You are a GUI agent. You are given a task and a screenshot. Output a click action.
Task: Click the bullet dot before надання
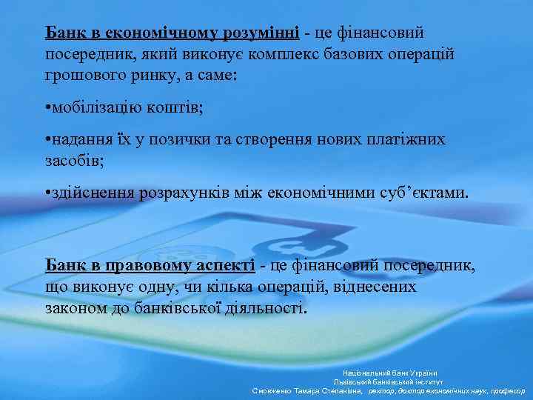click(47, 140)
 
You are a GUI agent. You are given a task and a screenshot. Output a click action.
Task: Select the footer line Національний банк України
click(389, 373)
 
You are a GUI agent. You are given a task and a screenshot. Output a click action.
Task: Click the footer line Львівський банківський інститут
click(389, 381)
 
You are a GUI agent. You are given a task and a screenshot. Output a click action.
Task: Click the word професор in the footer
click(507, 390)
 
